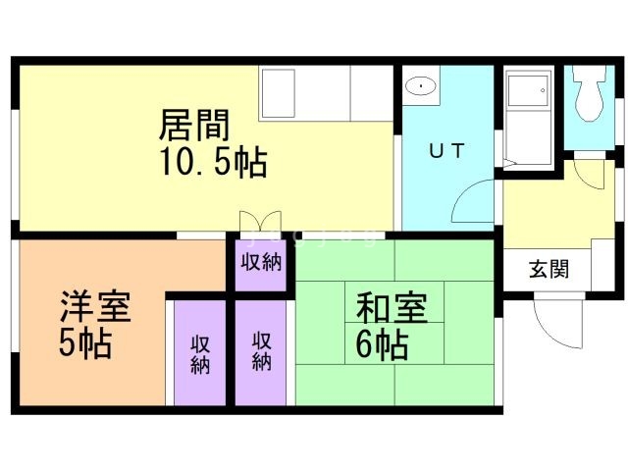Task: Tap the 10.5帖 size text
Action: click(x=213, y=162)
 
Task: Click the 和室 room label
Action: click(x=391, y=309)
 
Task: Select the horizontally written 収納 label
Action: click(x=261, y=262)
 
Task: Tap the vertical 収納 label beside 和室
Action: click(x=262, y=350)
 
